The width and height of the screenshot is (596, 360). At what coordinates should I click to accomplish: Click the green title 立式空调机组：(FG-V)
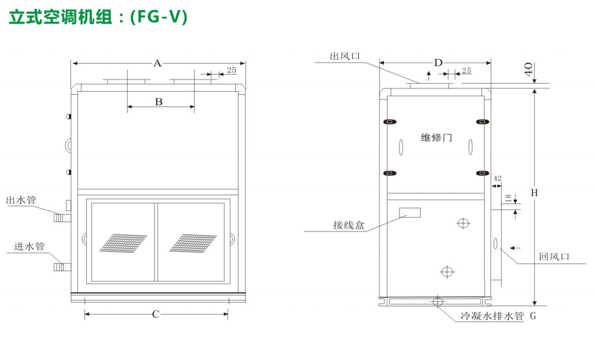tap(98, 17)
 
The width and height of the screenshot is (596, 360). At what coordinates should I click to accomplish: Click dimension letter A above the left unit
tap(157, 64)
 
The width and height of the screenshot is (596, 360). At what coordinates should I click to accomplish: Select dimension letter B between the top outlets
tap(159, 102)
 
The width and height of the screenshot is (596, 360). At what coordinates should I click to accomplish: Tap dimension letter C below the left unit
tap(156, 314)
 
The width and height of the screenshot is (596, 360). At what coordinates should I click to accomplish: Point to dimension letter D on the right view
tap(439, 63)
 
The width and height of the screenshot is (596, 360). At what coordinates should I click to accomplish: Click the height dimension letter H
tap(534, 192)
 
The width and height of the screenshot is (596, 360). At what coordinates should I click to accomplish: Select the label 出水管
tap(21, 200)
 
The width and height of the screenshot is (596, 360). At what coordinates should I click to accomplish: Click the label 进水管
tap(29, 246)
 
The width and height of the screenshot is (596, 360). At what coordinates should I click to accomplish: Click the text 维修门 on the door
tap(436, 138)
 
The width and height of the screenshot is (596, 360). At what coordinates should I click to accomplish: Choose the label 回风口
tap(554, 257)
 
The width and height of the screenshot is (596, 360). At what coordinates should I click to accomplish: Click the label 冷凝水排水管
tap(492, 316)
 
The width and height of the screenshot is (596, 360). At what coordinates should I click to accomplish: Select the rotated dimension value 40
tap(528, 70)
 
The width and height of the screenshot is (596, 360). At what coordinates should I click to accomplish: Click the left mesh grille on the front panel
tap(123, 243)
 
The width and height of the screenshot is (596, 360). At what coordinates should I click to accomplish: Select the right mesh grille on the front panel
tap(193, 243)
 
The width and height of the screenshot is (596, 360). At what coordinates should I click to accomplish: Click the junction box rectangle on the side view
tap(409, 213)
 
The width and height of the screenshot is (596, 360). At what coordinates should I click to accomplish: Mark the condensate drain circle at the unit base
tap(438, 302)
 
